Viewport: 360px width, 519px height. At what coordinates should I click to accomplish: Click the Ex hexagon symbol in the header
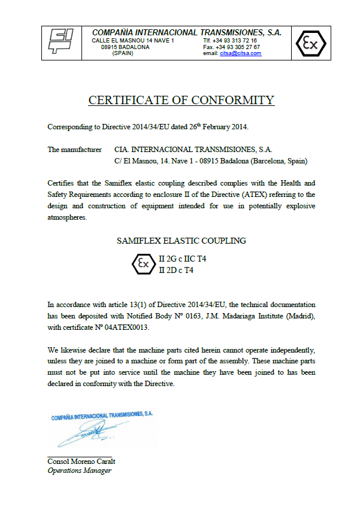tap(310, 43)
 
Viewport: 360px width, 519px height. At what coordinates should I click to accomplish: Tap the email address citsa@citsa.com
tap(240, 53)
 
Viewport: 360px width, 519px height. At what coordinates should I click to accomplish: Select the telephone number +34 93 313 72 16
tap(236, 40)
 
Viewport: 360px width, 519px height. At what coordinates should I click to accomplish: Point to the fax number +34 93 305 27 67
tap(237, 47)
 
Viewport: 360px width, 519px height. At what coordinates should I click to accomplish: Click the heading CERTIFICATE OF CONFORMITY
tap(181, 101)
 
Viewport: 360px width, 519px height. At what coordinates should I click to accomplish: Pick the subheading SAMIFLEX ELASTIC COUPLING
tap(181, 241)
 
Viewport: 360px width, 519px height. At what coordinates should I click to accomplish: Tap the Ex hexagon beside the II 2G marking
tap(143, 263)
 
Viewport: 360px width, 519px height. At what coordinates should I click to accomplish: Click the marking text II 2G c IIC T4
tap(182, 259)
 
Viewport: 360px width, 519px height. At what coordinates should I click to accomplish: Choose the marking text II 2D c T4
tap(176, 270)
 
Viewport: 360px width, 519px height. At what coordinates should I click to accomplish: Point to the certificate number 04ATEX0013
tap(126, 328)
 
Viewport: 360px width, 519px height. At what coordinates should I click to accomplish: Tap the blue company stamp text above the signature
tap(102, 414)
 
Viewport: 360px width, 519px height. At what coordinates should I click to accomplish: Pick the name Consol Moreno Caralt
tap(81, 462)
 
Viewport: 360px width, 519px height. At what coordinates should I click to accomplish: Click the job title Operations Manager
tap(79, 471)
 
